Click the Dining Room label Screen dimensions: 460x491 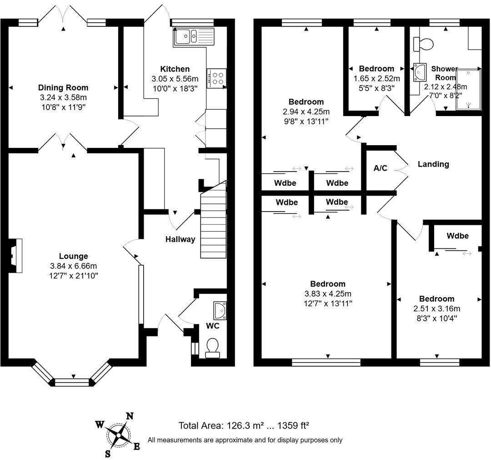point(63,88)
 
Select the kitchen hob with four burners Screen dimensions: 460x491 point(216,78)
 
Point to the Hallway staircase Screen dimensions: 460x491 point(214,221)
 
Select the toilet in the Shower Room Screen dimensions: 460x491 point(424,44)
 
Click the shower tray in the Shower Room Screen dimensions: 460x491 point(468,90)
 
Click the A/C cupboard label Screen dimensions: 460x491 point(380,168)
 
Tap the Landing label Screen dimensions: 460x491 point(433,164)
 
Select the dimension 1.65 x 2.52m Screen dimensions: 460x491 point(376,79)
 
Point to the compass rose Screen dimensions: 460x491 point(118,435)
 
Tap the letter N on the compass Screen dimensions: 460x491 point(130,415)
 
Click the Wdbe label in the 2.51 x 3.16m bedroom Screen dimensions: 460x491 point(457,236)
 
